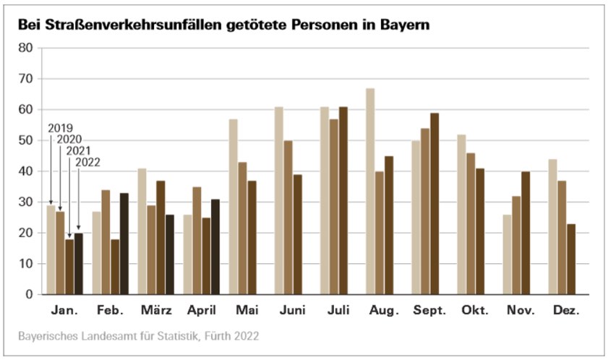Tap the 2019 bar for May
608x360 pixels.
(234, 207)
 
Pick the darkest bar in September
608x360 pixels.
(434, 204)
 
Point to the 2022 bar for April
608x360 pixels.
(215, 247)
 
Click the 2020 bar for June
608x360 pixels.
(288, 218)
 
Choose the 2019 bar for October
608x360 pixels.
(461, 215)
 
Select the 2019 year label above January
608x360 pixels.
(60, 129)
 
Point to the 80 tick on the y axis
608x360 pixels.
(26, 48)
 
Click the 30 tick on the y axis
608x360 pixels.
(26, 202)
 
